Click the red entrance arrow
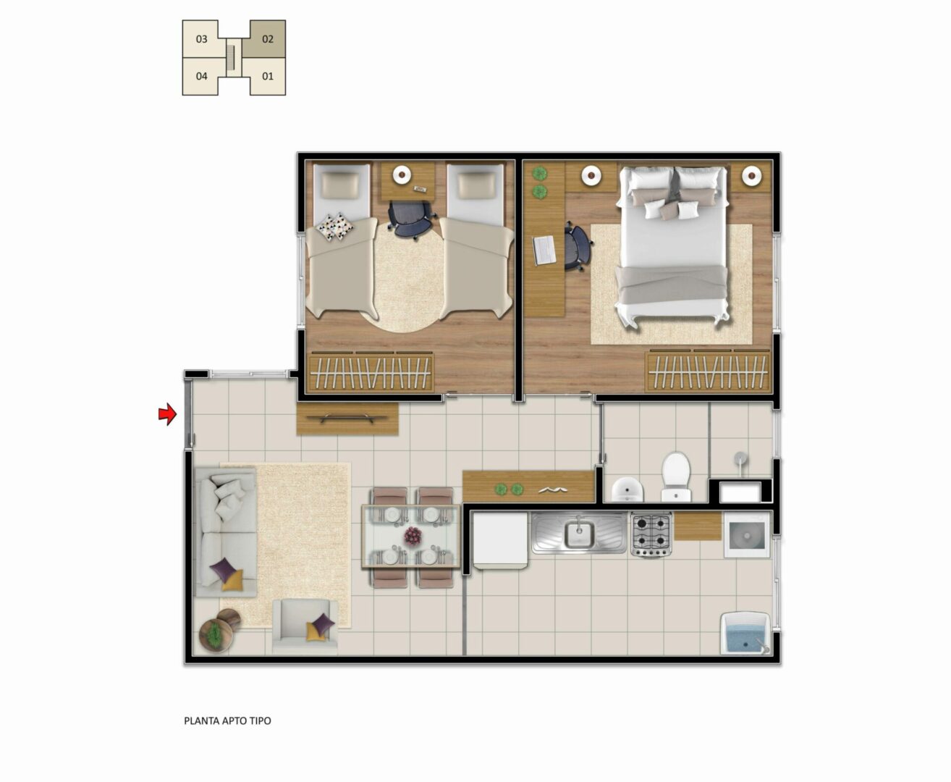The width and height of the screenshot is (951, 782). (167, 413)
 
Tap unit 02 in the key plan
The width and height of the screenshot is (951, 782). (267, 39)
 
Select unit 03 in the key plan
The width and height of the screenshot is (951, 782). (202, 39)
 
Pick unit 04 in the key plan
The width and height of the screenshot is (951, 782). (202, 76)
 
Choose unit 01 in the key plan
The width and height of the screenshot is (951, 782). (267, 76)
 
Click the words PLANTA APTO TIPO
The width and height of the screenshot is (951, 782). (227, 720)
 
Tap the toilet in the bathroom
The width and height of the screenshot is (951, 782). (676, 476)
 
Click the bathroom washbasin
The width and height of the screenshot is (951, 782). (627, 489)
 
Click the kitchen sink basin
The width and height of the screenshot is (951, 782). (579, 534)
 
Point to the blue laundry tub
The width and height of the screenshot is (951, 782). (745, 633)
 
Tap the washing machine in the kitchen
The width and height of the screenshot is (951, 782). (747, 535)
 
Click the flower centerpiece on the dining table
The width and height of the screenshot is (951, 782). (412, 536)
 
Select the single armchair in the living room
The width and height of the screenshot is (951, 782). (305, 627)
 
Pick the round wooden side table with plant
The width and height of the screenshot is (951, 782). (216, 634)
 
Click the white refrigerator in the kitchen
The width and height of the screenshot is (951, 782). (499, 539)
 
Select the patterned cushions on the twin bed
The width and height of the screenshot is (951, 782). (336, 226)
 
